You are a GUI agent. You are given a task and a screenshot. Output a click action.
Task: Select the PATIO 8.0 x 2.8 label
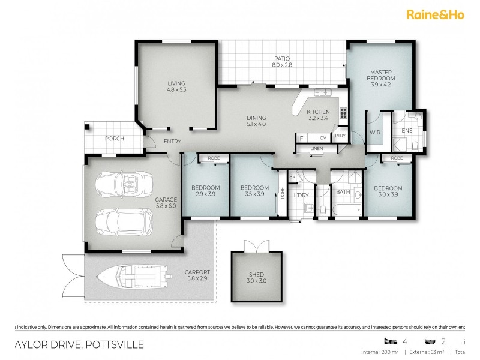coord(281,61)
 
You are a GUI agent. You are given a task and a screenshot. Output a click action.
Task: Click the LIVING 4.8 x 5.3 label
coord(176,86)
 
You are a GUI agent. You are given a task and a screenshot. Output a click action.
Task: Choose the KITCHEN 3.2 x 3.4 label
coord(318,115)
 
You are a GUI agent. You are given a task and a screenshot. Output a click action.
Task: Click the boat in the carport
coord(135,277)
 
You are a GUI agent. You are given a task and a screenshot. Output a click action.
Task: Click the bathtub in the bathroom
coord(346,208)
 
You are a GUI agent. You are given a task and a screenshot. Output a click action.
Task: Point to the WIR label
coord(376,132)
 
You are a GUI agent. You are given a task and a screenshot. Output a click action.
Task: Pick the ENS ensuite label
coord(406,130)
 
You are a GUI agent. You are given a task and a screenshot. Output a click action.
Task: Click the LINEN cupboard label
coord(317,149)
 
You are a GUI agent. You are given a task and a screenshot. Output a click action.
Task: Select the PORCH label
coord(114,139)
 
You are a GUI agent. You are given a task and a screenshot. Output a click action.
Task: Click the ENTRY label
coord(172,142)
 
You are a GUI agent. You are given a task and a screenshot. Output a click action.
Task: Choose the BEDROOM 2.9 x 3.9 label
coord(203,191)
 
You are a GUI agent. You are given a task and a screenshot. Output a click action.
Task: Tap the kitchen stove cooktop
coord(343,112)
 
